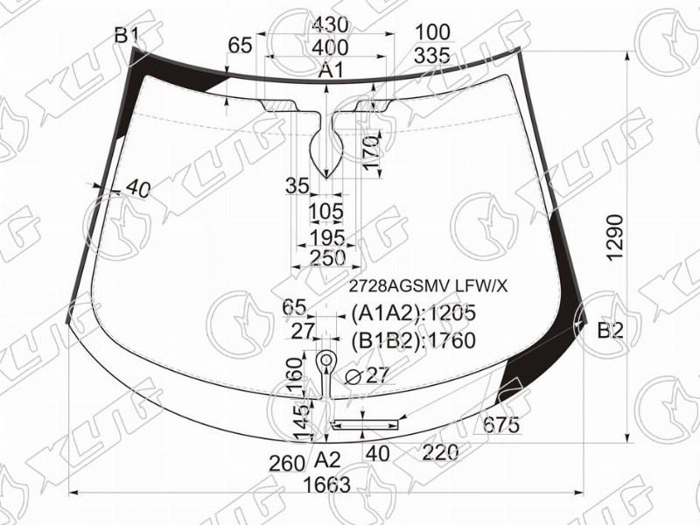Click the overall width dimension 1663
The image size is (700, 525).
(x=326, y=485)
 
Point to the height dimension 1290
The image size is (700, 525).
(x=615, y=237)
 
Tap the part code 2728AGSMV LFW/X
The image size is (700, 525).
(x=428, y=286)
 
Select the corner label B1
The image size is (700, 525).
(x=127, y=35)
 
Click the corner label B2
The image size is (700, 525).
(x=610, y=332)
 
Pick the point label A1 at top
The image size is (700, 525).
(x=331, y=70)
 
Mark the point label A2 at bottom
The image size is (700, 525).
(x=327, y=460)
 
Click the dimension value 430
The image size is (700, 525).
(x=330, y=25)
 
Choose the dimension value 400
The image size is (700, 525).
(x=330, y=47)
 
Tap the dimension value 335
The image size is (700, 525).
(x=431, y=56)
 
